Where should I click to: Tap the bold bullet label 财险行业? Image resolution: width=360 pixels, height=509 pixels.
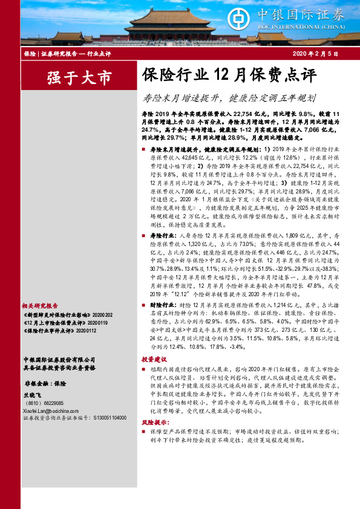160,306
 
